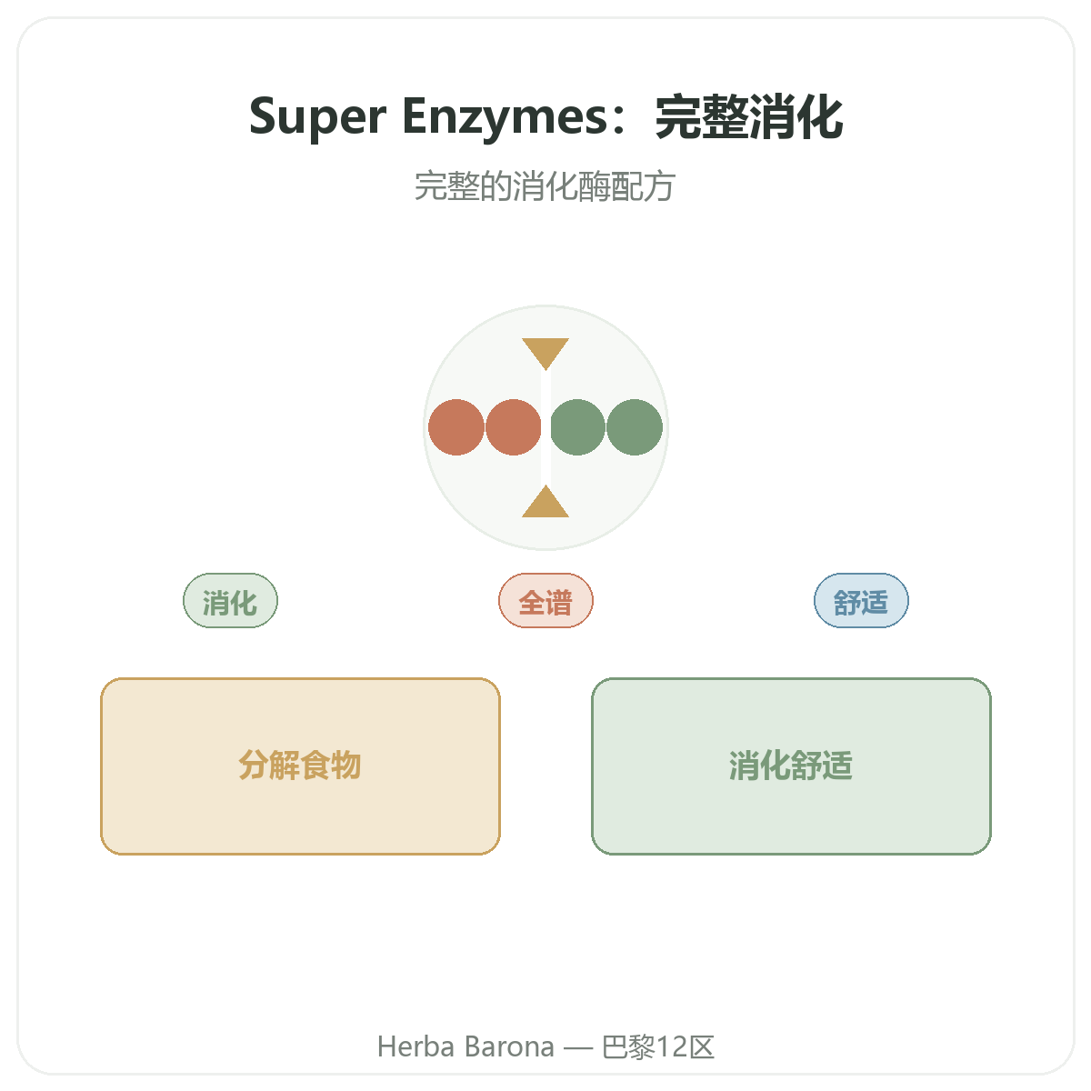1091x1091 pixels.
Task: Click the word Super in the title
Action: (x=317, y=117)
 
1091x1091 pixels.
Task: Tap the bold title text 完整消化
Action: (x=749, y=117)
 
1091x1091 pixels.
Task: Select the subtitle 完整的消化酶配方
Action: (x=545, y=186)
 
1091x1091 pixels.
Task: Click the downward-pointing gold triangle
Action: (x=545, y=352)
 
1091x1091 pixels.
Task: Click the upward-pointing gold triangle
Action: (x=545, y=503)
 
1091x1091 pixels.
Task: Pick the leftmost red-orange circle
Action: (x=456, y=427)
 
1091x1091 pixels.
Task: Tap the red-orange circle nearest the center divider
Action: (x=513, y=427)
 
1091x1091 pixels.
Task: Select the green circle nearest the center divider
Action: (x=577, y=427)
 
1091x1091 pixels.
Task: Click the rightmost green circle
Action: (x=635, y=427)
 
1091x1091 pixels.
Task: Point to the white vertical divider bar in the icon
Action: (x=545, y=427)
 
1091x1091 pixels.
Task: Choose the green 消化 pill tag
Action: (x=230, y=601)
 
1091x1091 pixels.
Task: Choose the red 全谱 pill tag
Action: (x=545, y=601)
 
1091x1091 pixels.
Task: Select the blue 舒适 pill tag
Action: (x=861, y=601)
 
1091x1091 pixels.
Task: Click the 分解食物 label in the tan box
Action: (x=300, y=766)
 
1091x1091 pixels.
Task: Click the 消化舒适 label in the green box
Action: (x=791, y=766)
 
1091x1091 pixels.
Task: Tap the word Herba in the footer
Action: (x=416, y=1046)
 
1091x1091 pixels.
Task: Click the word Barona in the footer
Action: (x=509, y=1046)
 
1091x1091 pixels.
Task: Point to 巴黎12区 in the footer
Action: (x=658, y=1046)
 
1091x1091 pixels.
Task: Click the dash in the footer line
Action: (x=578, y=1048)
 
